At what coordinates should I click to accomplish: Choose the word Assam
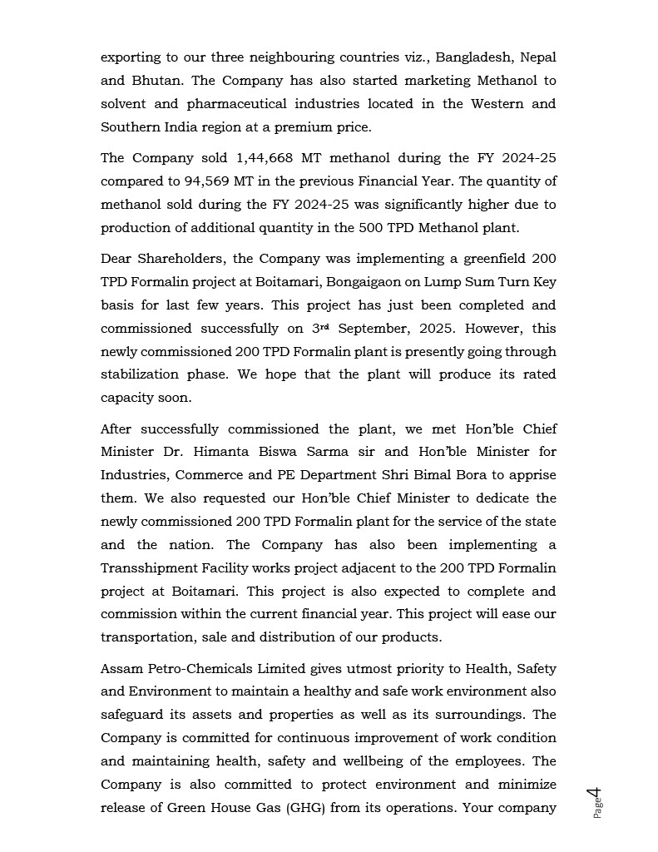[121, 668]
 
